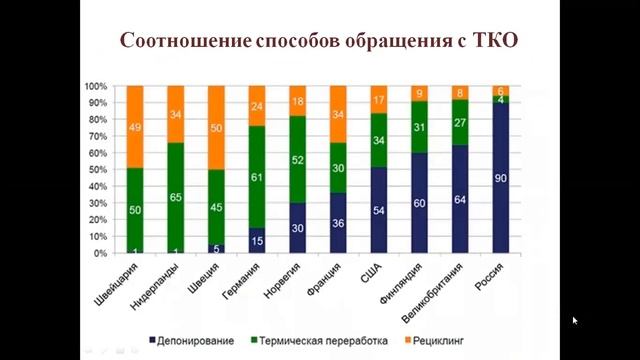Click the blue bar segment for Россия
[501, 178]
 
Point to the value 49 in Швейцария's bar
[135, 126]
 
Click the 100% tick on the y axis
[95, 86]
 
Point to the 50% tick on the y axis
[97, 170]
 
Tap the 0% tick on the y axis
[99, 254]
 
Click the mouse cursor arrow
[575, 321]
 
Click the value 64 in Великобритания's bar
[460, 199]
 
